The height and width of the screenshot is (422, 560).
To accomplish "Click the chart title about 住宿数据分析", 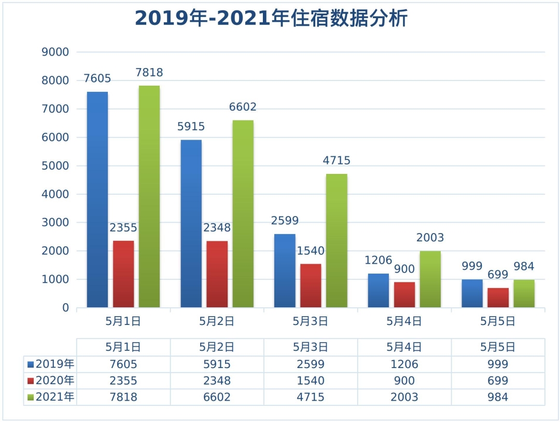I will pyautogui.click(x=271, y=18).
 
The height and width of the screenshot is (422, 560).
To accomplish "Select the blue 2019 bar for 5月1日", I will pyautogui.click(x=97, y=200).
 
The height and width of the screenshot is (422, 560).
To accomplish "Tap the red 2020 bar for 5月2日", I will pyautogui.click(x=217, y=274).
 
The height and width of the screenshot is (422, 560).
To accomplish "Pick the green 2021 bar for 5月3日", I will pyautogui.click(x=337, y=240).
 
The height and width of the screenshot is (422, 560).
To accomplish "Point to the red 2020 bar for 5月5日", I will pyautogui.click(x=498, y=297).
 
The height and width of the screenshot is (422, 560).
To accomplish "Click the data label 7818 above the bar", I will pyautogui.click(x=149, y=73).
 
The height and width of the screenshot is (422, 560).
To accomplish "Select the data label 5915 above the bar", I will pyautogui.click(x=191, y=127).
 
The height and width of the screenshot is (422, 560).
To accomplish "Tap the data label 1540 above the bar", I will pyautogui.click(x=311, y=251).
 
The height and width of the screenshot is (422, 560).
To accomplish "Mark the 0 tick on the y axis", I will pyautogui.click(x=65, y=308).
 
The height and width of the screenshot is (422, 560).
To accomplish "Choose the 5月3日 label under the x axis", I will pyautogui.click(x=311, y=321).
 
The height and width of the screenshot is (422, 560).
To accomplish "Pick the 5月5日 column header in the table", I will pyautogui.click(x=498, y=347).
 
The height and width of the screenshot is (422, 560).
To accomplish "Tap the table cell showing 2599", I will pyautogui.click(x=311, y=364).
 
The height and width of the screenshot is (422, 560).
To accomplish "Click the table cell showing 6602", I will pyautogui.click(x=217, y=398).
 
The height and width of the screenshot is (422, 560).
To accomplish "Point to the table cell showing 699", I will pyautogui.click(x=498, y=381).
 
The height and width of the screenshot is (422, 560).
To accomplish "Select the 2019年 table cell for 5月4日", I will pyautogui.click(x=404, y=364).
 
